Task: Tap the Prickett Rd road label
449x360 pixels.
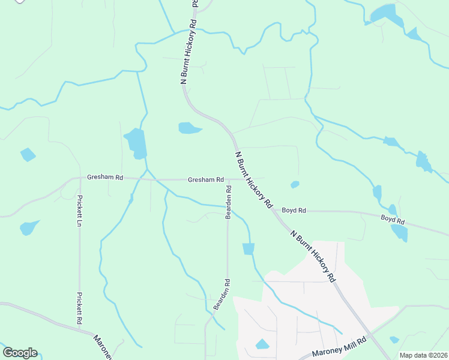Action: click(x=79, y=308)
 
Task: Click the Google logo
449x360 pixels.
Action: click(x=20, y=353)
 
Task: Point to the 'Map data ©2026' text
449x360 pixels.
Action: click(x=423, y=355)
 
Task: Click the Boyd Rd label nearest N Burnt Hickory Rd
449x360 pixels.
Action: click(x=294, y=211)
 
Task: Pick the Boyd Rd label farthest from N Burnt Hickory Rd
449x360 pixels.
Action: click(x=393, y=219)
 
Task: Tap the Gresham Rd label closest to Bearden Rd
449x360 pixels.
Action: click(x=205, y=179)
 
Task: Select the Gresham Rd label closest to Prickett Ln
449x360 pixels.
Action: click(x=104, y=178)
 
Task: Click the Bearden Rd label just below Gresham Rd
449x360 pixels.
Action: click(x=228, y=202)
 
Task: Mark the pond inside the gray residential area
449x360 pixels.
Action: click(x=262, y=344)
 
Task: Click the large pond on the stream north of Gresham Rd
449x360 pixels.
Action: click(x=136, y=143)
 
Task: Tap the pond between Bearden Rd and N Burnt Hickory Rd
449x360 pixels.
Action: click(x=249, y=248)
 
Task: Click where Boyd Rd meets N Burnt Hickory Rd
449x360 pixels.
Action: click(x=276, y=211)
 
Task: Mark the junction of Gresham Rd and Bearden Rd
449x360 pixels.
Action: click(x=228, y=179)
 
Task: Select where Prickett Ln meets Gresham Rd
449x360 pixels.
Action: click(x=80, y=178)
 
